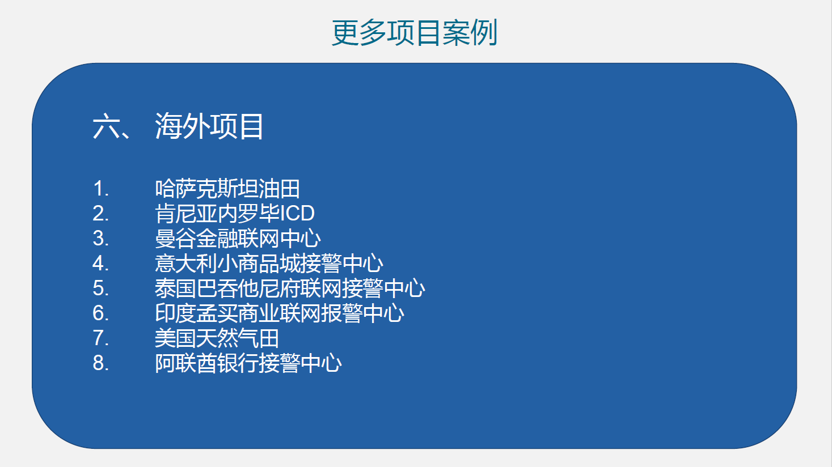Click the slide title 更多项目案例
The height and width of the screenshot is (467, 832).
[x=414, y=33]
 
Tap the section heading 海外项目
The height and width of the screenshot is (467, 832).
[x=209, y=126]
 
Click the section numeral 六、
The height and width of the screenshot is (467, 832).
[x=111, y=126]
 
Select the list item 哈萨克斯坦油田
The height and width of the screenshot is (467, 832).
[x=227, y=189]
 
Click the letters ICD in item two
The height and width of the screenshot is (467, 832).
[x=297, y=213]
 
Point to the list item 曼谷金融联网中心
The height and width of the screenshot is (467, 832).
[x=238, y=239]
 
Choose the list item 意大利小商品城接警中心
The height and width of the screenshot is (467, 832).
[x=269, y=263]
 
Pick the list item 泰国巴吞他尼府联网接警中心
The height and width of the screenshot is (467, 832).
[x=290, y=288]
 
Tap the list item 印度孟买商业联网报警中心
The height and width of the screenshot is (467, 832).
[x=279, y=313]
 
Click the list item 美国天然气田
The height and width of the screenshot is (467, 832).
[x=217, y=338]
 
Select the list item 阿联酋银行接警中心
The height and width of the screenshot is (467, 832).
[x=248, y=363]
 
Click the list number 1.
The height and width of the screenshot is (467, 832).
[x=100, y=189]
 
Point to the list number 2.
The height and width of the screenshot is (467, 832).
[x=100, y=214]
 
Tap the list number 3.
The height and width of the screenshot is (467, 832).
[x=100, y=239]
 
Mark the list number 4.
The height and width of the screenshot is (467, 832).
[x=100, y=263]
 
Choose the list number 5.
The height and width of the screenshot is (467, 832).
[x=100, y=288]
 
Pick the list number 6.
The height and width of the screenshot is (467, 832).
[x=100, y=313]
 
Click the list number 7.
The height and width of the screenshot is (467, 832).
[x=100, y=338]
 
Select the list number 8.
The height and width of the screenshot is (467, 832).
[x=100, y=363]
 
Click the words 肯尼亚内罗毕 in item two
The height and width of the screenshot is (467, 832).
[x=217, y=214]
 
